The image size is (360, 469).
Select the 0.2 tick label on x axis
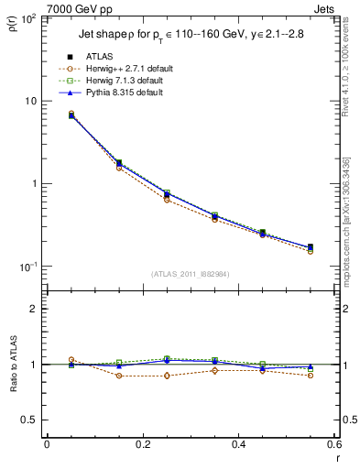point(142,444)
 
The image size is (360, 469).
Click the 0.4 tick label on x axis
point(238,444)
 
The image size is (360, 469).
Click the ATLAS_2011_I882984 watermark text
point(189,273)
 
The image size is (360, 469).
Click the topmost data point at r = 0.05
point(71,114)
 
